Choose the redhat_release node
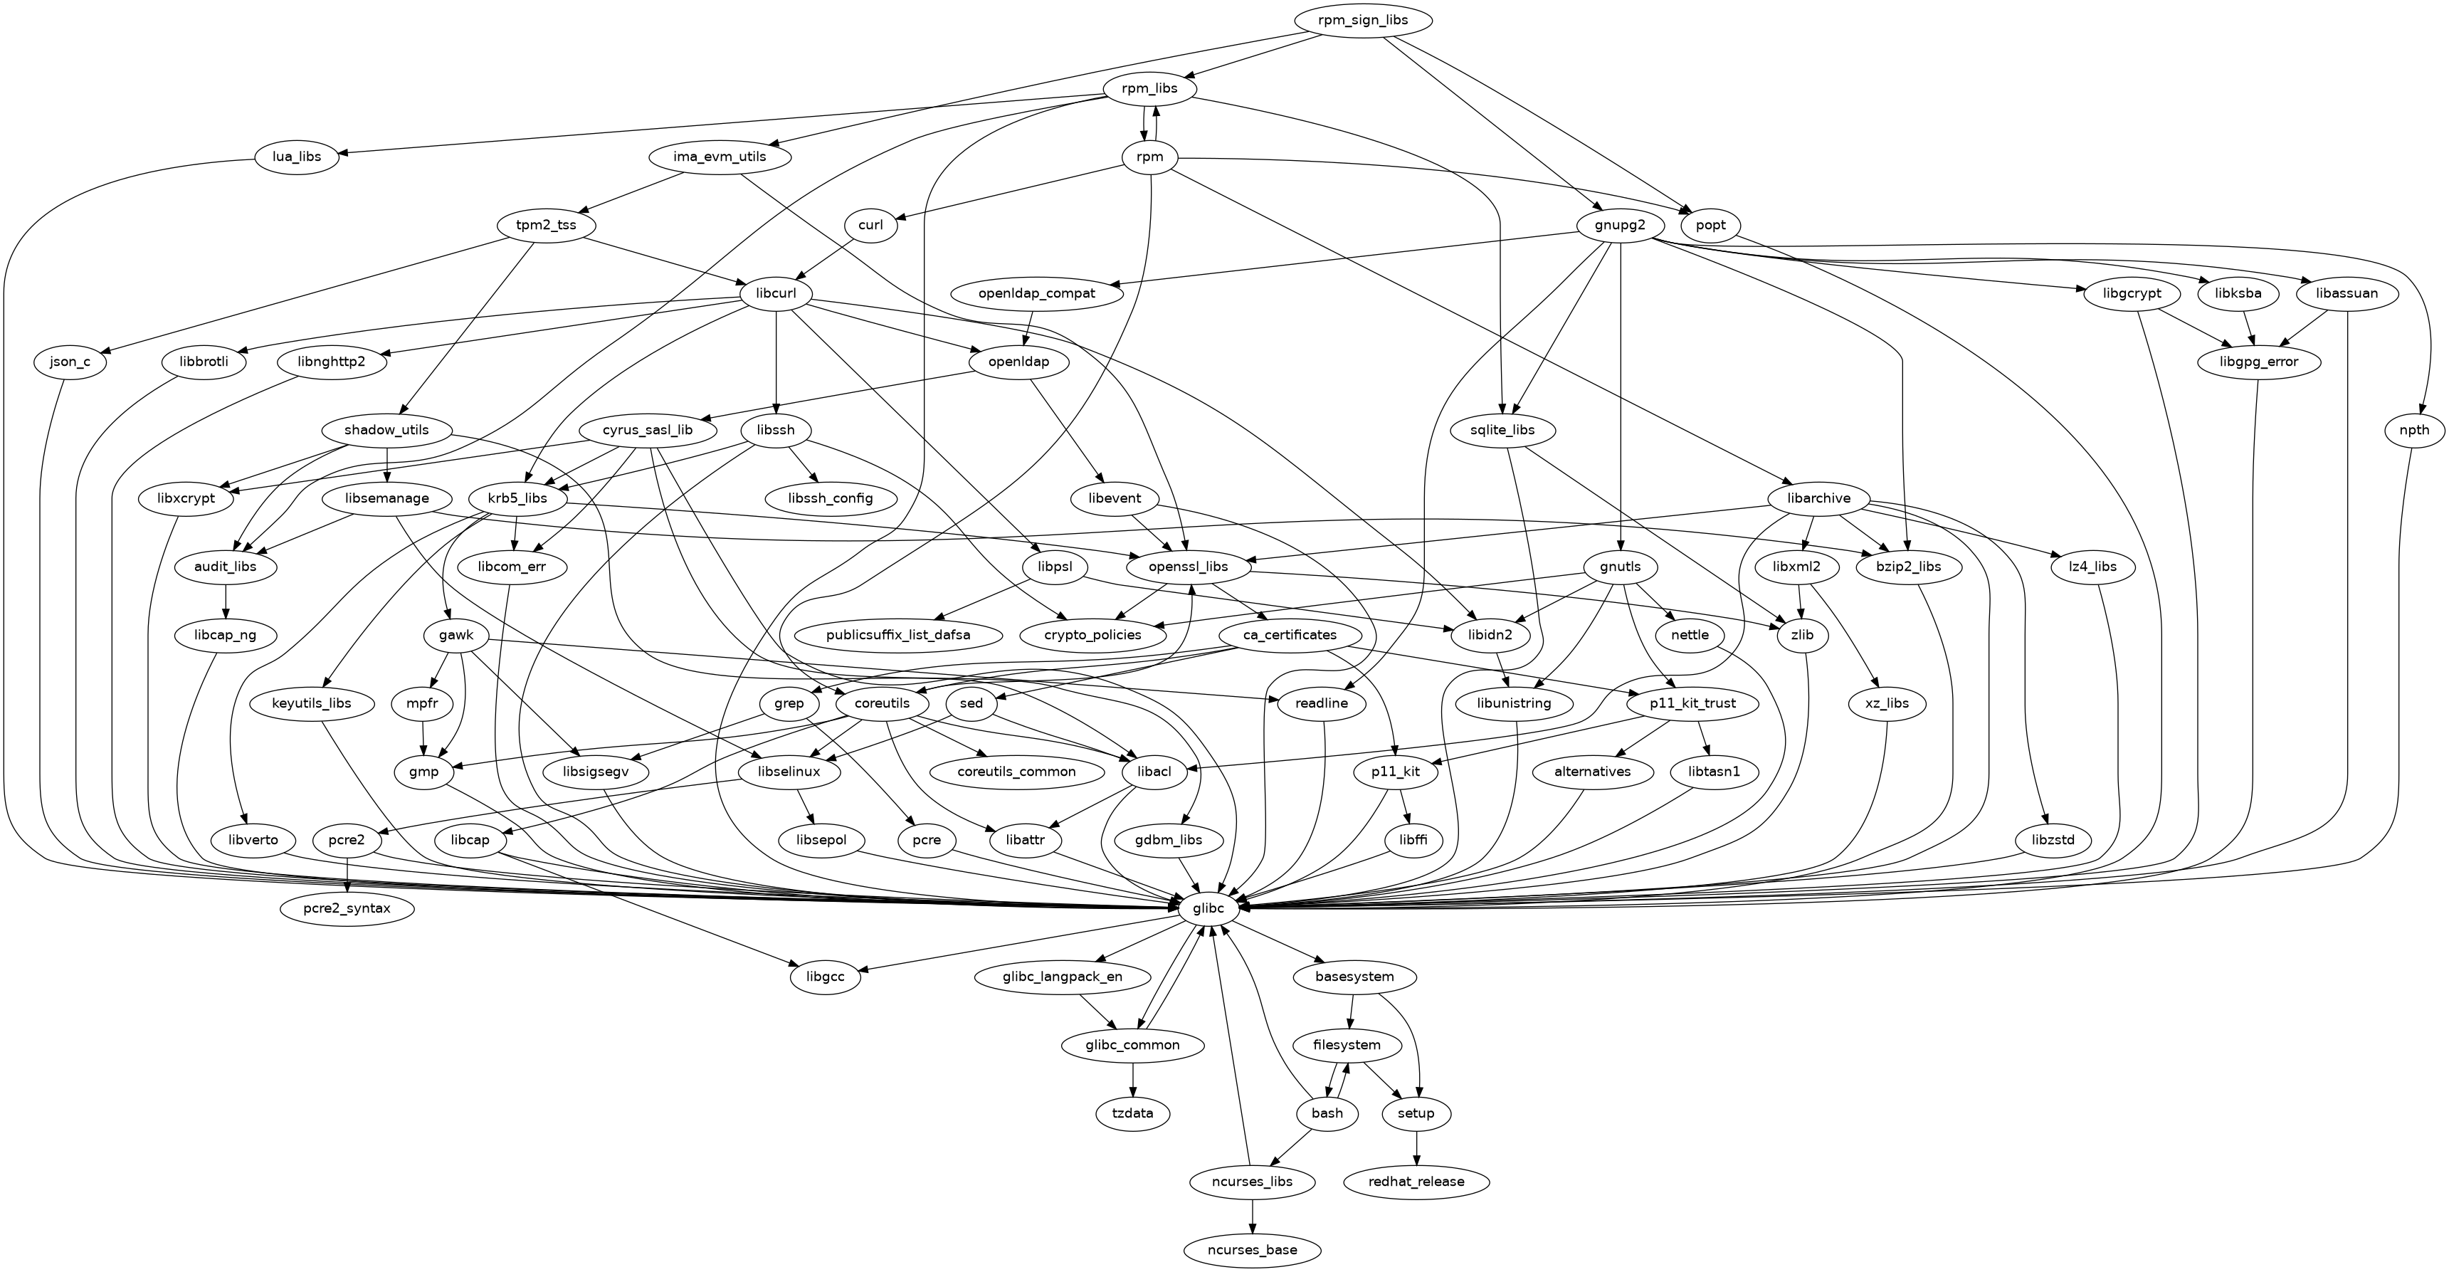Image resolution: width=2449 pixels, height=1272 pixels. click(x=1416, y=1182)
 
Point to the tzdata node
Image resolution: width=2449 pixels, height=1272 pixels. click(x=1132, y=1113)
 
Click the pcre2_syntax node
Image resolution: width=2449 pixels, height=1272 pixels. click(x=348, y=909)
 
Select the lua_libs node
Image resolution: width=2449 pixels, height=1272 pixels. click(x=297, y=157)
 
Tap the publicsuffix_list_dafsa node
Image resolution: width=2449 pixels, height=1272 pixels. click(x=897, y=635)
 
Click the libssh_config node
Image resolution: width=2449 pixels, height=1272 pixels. click(x=831, y=498)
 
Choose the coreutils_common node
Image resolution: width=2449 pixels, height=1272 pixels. click(x=1016, y=772)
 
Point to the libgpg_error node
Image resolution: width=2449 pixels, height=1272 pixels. click(x=2260, y=362)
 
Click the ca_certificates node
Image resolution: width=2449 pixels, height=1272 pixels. click(x=1290, y=635)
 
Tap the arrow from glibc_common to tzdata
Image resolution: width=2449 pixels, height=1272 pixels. click(x=1132, y=1079)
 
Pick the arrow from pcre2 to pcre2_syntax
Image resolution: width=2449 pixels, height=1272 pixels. click(x=348, y=875)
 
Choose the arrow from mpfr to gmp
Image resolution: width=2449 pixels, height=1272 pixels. click(x=422, y=737)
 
